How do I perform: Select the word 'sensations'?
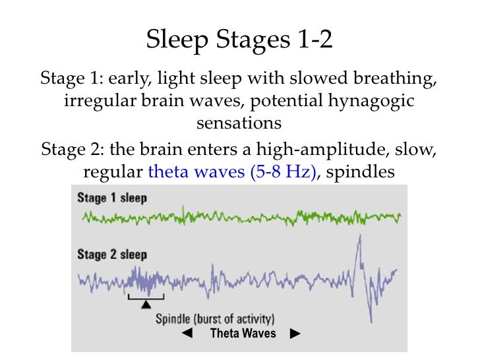point(239,123)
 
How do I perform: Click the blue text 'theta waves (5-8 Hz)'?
point(233,172)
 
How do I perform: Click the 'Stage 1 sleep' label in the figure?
point(112,198)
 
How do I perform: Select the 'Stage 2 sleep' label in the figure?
point(112,255)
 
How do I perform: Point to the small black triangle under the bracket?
point(146,305)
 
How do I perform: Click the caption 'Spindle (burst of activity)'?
point(215,318)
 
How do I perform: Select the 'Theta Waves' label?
point(243,334)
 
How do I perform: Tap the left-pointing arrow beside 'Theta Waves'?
point(187,334)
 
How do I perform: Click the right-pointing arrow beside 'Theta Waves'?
point(295,334)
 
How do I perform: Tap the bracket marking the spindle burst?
point(146,299)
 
